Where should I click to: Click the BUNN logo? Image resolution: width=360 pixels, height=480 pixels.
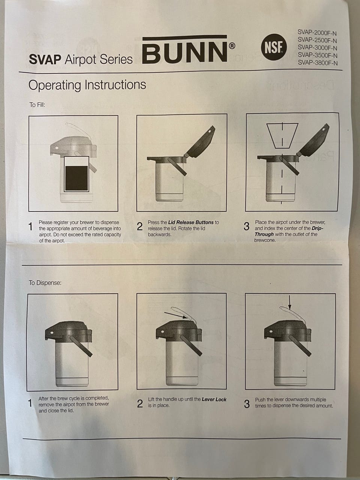pyautogui.click(x=185, y=49)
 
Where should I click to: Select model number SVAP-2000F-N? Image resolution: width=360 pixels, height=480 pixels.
pyautogui.click(x=317, y=33)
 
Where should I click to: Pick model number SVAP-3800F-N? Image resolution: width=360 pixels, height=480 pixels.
pyautogui.click(x=318, y=63)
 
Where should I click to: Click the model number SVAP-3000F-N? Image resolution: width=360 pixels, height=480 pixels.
pyautogui.click(x=317, y=48)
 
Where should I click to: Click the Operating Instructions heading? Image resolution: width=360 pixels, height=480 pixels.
pyautogui.click(x=87, y=85)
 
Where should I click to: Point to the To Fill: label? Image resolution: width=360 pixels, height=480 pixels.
pyautogui.click(x=37, y=105)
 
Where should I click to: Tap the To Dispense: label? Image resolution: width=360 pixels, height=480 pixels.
pyautogui.click(x=45, y=283)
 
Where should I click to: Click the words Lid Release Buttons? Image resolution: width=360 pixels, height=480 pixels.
pyautogui.click(x=190, y=222)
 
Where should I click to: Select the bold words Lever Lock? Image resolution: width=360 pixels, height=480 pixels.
pyautogui.click(x=214, y=399)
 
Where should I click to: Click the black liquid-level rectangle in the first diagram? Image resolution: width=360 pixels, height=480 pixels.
pyautogui.click(x=76, y=178)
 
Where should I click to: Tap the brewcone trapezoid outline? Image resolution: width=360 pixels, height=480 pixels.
pyautogui.click(x=282, y=136)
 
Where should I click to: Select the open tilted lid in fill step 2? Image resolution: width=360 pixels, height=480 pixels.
pyautogui.click(x=200, y=141)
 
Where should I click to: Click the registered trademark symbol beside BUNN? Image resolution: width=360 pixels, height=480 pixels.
pyautogui.click(x=232, y=46)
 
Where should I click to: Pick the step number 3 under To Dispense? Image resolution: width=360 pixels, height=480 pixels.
pyautogui.click(x=246, y=404)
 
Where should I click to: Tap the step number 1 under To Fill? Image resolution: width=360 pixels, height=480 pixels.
pyautogui.click(x=31, y=226)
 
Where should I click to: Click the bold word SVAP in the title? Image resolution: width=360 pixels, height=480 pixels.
pyautogui.click(x=45, y=59)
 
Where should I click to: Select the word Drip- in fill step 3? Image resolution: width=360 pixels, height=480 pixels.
pyautogui.click(x=317, y=228)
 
